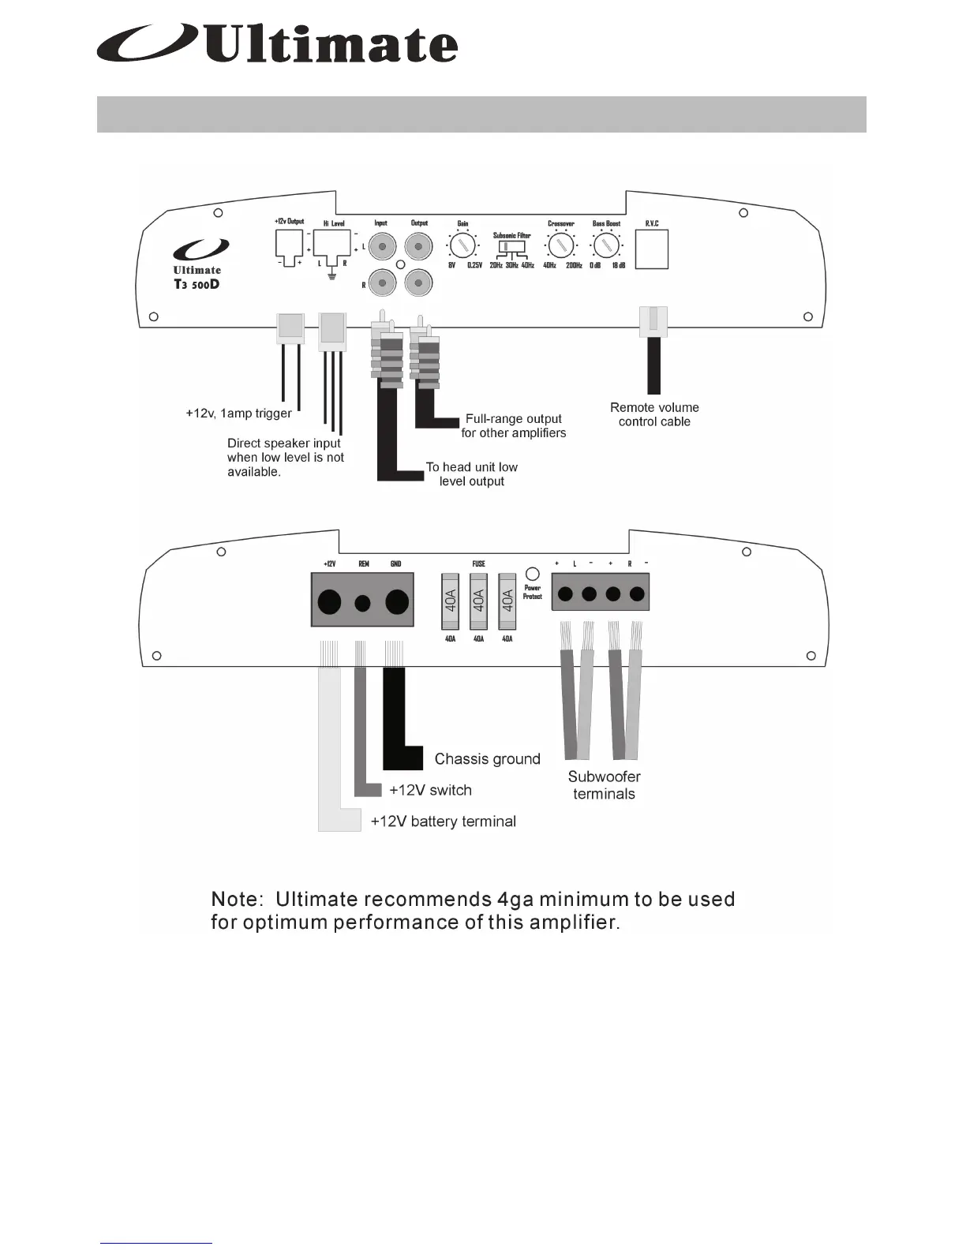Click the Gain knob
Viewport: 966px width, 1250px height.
(462, 245)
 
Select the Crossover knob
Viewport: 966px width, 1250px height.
(561, 245)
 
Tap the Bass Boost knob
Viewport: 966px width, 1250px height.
(606, 245)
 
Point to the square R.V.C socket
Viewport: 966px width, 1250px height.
(652, 249)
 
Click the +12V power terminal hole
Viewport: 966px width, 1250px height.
(329, 604)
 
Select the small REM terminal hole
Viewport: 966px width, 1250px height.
(363, 604)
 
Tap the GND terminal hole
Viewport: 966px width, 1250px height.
(396, 604)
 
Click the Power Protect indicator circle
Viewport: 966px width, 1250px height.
(533, 574)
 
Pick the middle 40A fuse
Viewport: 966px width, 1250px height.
(478, 601)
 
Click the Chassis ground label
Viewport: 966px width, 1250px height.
(487, 759)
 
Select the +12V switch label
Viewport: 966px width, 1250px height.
(430, 790)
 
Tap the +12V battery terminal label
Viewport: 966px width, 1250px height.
(443, 821)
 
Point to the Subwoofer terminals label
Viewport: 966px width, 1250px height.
(604, 785)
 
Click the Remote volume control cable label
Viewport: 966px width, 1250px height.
(654, 414)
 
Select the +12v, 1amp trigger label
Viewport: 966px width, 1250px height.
(238, 414)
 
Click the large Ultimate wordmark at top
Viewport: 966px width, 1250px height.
(331, 45)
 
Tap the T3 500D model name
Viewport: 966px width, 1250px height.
(197, 284)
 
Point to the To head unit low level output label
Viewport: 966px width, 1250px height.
(472, 473)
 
